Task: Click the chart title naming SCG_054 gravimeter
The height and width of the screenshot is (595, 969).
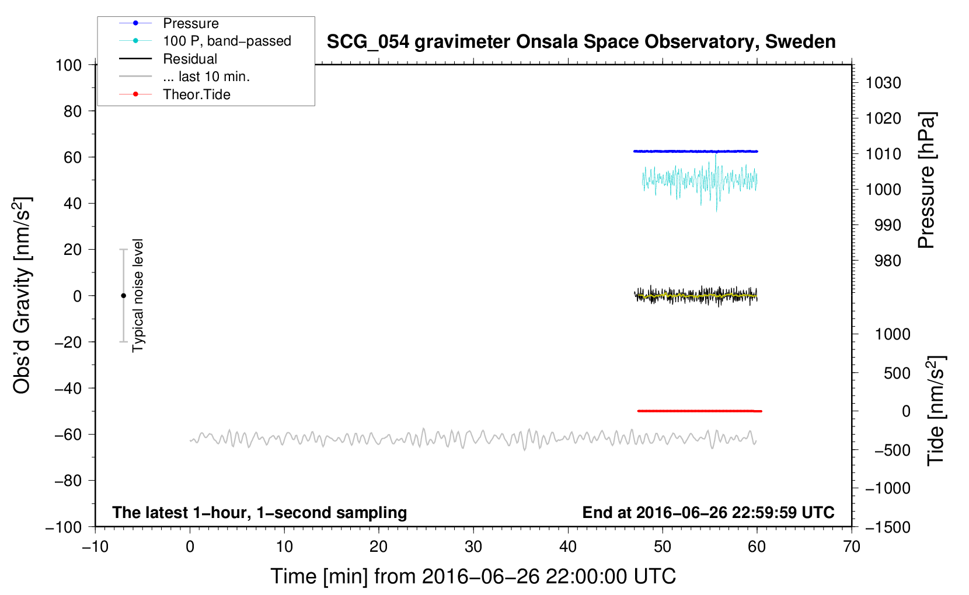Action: pos(581,42)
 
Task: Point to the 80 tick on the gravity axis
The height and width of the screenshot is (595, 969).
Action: pos(72,111)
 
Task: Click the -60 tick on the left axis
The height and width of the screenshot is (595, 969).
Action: pos(68,435)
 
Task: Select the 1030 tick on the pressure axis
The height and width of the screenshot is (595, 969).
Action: pos(883,83)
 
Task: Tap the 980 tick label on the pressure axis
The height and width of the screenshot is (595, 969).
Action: pos(888,261)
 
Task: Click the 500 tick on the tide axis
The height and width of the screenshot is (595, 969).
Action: pos(897,373)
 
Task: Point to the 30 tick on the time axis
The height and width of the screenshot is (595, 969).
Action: pos(473,547)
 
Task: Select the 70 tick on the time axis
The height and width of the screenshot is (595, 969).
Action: pos(851,547)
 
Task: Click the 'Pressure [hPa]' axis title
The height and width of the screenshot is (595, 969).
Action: pos(926,180)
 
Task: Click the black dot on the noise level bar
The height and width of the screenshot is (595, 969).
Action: pos(123,296)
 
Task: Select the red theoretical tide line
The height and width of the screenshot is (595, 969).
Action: pos(699,411)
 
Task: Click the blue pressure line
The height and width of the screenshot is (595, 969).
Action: pos(696,151)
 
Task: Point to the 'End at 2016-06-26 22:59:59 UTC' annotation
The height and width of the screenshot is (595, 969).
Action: pos(708,512)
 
